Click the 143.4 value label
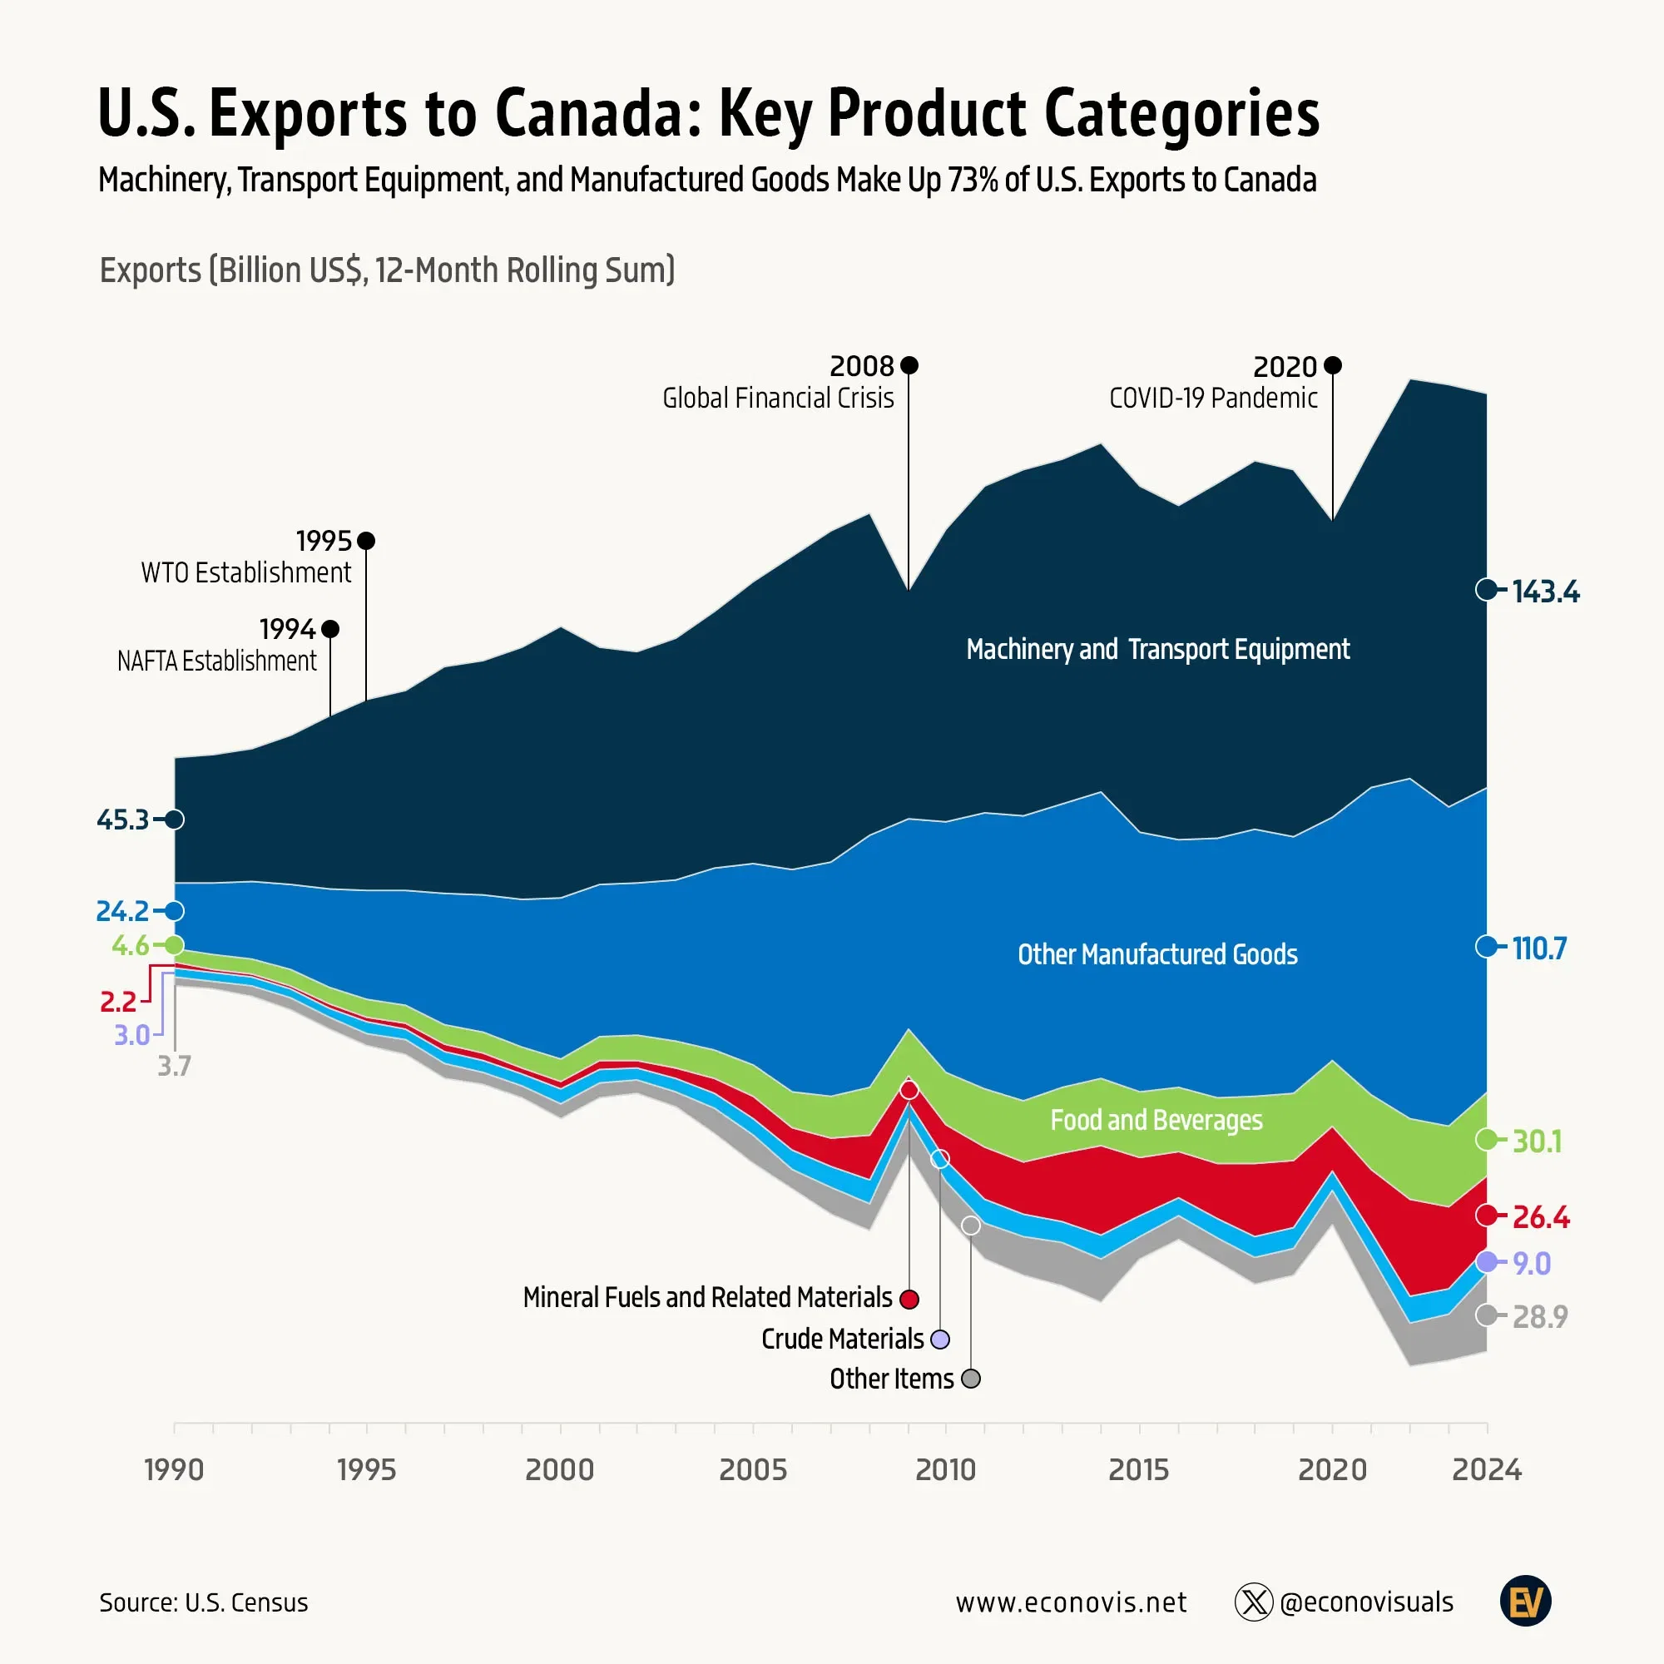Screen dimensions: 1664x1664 (x=1545, y=592)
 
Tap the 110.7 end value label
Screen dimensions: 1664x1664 (x=1539, y=948)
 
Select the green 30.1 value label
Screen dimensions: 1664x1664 (x=1538, y=1142)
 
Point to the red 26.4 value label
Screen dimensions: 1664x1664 (x=1541, y=1217)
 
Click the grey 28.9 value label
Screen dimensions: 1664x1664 (x=1540, y=1317)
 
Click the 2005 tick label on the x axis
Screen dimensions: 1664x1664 (x=753, y=1469)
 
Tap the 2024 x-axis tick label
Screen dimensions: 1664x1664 (x=1487, y=1469)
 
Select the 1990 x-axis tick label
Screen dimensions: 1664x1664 (x=174, y=1469)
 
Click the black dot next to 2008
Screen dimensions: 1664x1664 (x=909, y=366)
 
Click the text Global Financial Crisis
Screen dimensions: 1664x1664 (x=778, y=398)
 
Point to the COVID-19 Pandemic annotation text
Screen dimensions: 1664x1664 (x=1213, y=398)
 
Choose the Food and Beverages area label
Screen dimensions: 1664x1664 (x=1156, y=1120)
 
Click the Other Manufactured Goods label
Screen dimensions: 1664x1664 (x=1156, y=954)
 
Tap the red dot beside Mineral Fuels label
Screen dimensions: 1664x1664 (x=909, y=1299)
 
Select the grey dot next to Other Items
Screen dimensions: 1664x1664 (x=971, y=1379)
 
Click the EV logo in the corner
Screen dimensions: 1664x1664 (x=1525, y=1602)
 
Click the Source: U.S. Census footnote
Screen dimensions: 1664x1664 (x=203, y=1603)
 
